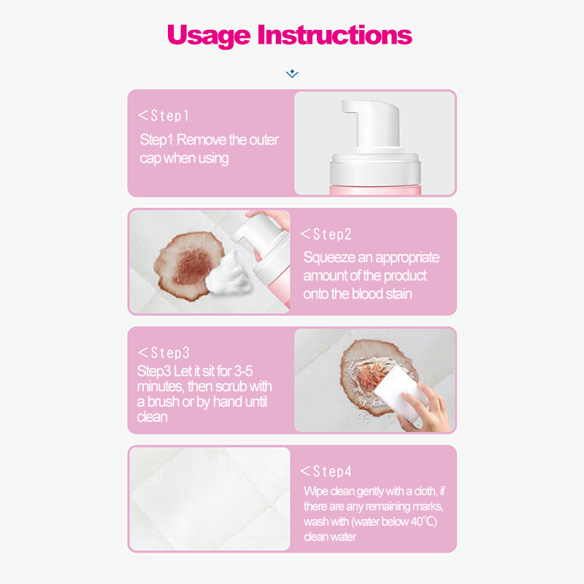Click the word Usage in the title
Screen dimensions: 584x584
tap(209, 36)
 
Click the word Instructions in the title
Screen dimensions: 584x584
tap(335, 34)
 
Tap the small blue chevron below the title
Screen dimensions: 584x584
tap(292, 74)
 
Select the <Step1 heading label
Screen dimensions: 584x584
tap(164, 116)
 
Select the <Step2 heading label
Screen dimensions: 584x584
tap(326, 234)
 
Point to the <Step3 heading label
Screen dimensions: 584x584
tap(164, 353)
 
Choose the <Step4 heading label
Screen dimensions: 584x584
tap(326, 471)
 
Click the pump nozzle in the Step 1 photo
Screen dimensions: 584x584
tap(371, 123)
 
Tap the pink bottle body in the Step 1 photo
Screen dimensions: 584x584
tap(375, 190)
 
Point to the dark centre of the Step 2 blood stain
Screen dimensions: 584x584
tap(193, 266)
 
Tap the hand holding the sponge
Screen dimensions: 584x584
tap(425, 410)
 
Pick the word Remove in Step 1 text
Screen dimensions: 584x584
tap(201, 140)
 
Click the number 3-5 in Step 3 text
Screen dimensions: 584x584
tap(243, 372)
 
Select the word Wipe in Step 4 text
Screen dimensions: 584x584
tap(316, 491)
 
